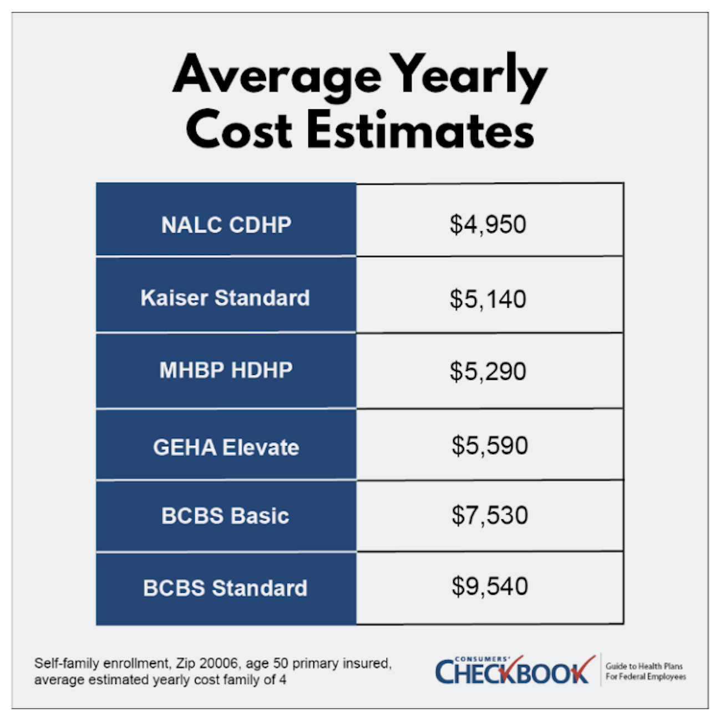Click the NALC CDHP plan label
pos(226,225)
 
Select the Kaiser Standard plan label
pos(225,298)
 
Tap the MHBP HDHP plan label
pos(226,370)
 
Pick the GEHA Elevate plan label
pos(226,447)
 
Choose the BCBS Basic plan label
pos(225,516)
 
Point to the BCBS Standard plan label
pos(225,588)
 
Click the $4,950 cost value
pos(488,225)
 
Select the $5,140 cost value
pos(488,299)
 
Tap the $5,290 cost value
pos(488,371)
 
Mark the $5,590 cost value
pos(489,445)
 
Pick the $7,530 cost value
pos(489,515)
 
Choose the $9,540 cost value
pos(489,586)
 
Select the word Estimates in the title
pos(420,131)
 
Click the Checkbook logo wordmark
pos(511,671)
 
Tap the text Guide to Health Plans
pos(644,666)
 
